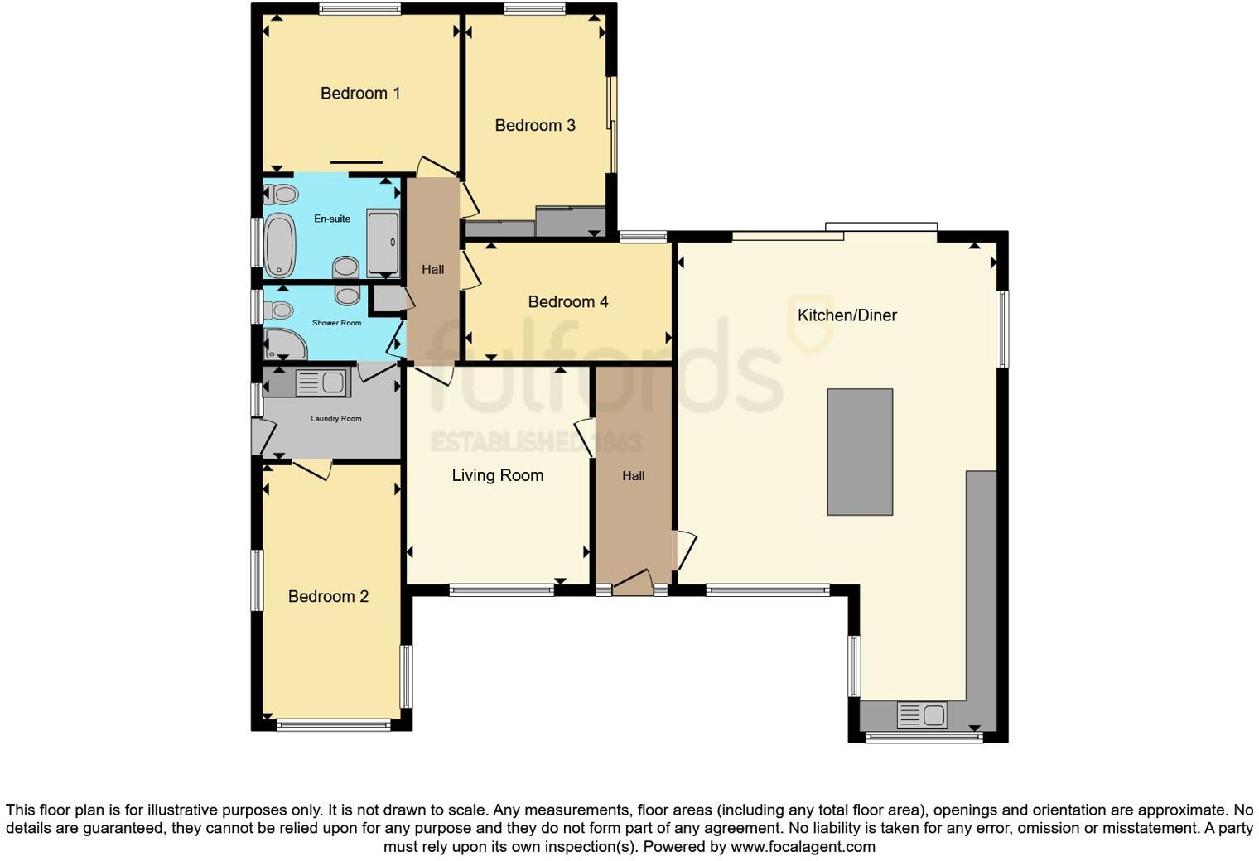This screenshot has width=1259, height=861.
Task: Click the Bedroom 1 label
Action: [360, 94]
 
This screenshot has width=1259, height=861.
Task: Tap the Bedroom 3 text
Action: [535, 126]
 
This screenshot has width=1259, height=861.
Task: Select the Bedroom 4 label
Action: [568, 302]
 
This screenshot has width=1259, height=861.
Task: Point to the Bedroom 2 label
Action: [328, 597]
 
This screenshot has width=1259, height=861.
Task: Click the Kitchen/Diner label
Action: [847, 315]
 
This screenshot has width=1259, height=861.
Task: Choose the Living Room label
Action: [497, 476]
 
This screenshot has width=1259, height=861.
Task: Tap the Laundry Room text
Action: [335, 419]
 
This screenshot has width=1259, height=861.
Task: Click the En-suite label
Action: [331, 219]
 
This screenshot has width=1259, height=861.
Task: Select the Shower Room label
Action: [336, 323]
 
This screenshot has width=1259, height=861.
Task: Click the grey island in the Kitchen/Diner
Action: [860, 452]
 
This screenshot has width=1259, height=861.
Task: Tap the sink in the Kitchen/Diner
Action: [922, 714]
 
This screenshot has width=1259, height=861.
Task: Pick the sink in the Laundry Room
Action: [321, 382]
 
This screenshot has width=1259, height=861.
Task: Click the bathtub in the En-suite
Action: [280, 244]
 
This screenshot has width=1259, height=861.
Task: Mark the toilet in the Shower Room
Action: [279, 310]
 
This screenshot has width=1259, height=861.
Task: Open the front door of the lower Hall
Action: [633, 584]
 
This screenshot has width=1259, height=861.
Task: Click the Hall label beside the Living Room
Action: [633, 476]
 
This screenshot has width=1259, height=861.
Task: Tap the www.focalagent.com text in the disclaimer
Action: [802, 847]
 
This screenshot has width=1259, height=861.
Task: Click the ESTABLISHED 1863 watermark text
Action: [536, 442]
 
